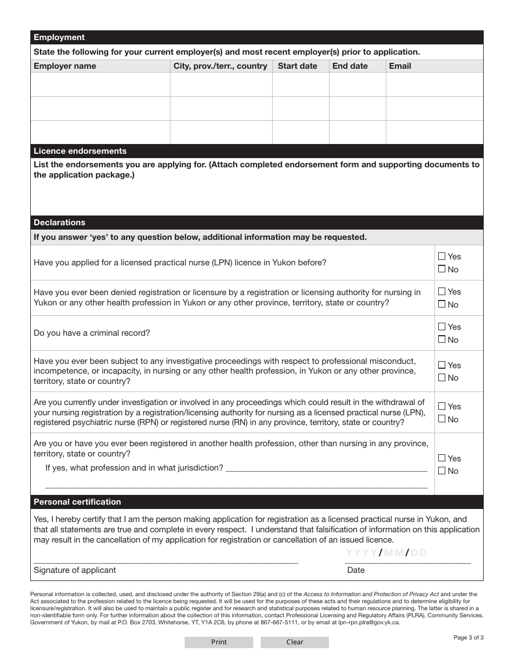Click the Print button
pos(219,642)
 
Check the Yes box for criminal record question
pos(442,327)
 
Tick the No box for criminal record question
pos(442,339)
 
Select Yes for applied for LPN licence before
pos(442,256)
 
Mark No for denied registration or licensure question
pos(442,304)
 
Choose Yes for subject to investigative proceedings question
pos(442,365)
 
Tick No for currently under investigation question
pos(442,419)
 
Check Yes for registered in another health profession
pos(442,458)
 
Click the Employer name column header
pos(65,66)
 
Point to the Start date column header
pos(298,66)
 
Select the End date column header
pos(350,66)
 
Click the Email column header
pos(400,66)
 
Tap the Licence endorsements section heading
pos(80,151)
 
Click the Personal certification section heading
pos(77,502)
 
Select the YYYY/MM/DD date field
pos(386,553)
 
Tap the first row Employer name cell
pos(100,84)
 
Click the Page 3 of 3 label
pos(468,637)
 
